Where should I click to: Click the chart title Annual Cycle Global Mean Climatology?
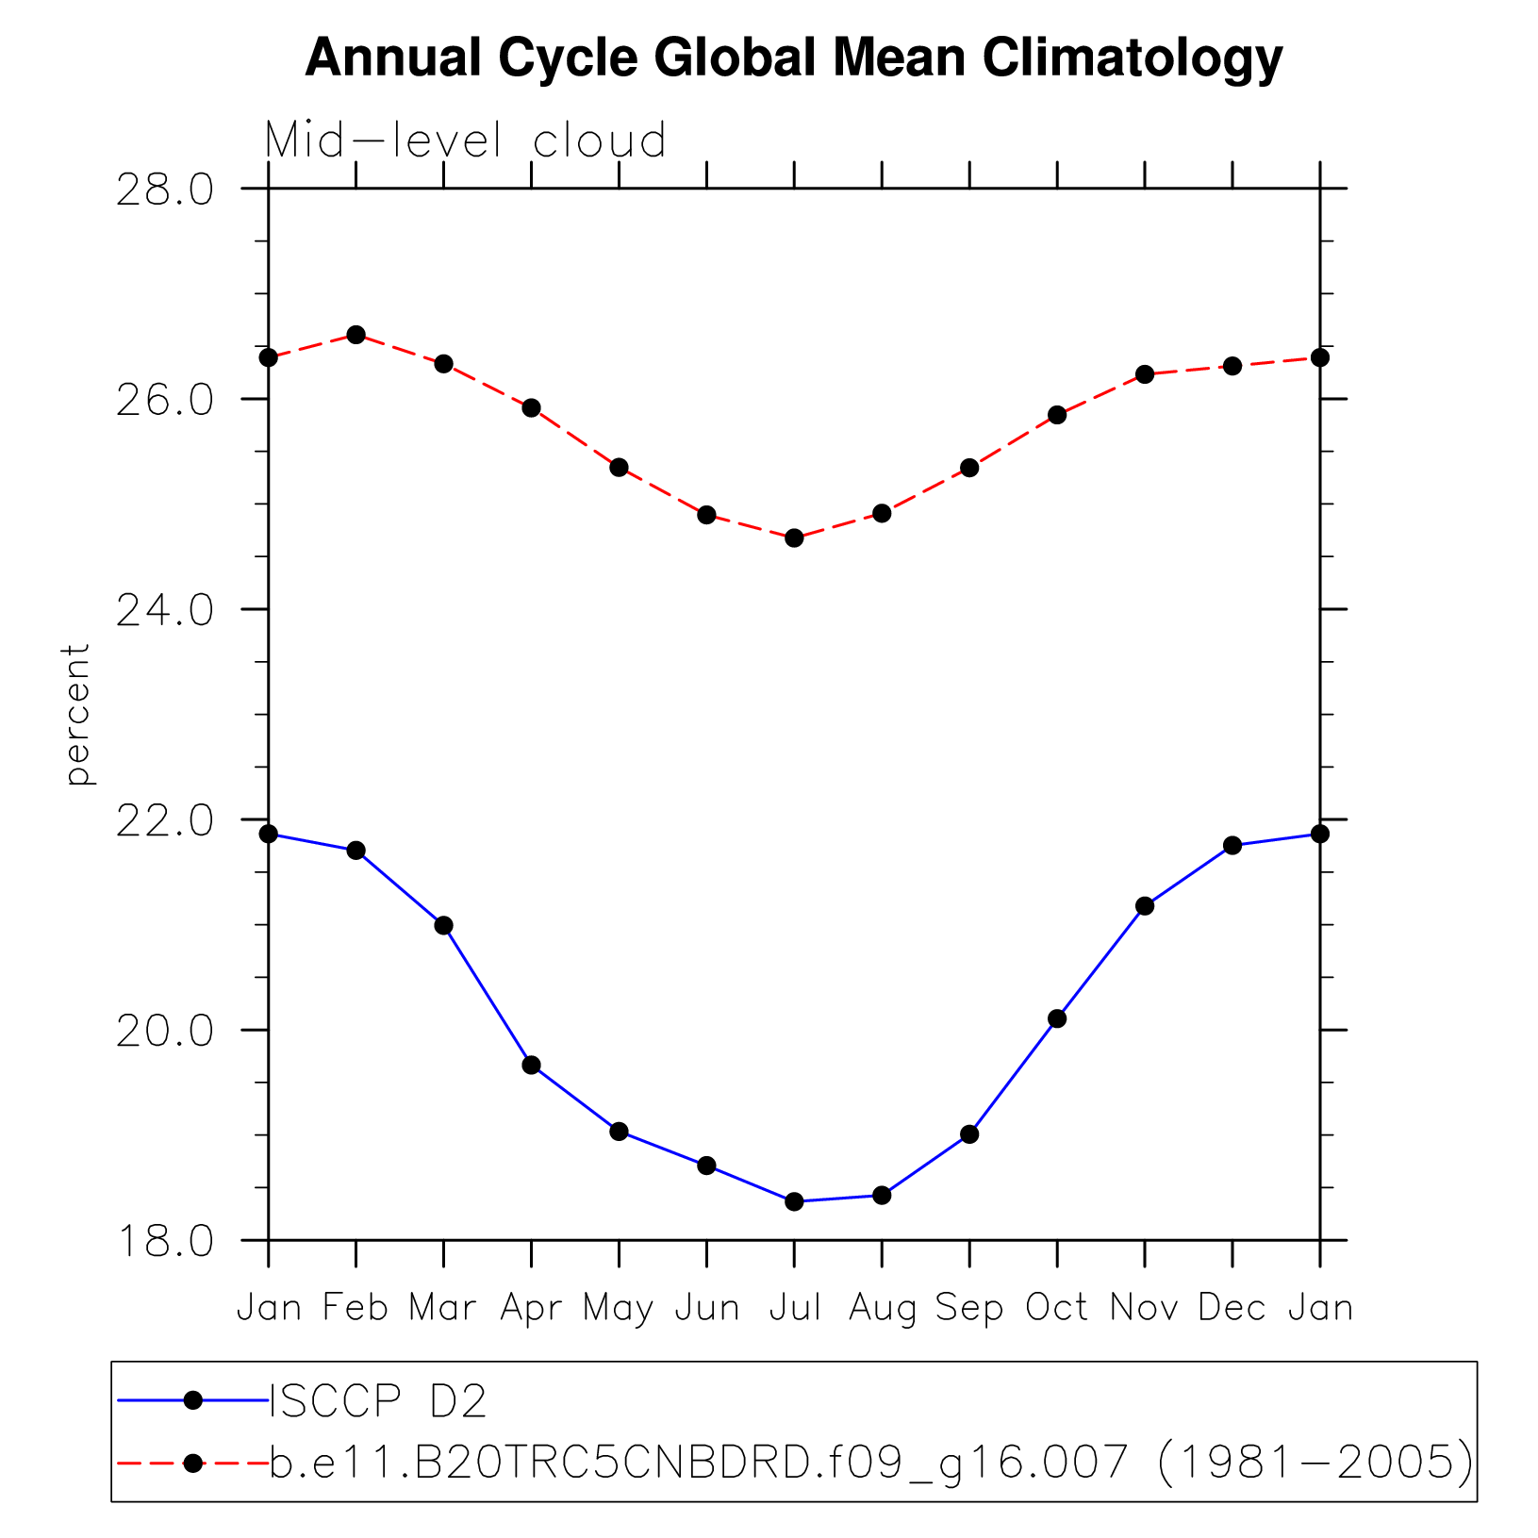tap(793, 58)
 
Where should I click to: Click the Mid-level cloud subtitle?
tap(465, 141)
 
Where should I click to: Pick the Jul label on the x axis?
tap(795, 1308)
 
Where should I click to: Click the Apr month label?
tap(531, 1309)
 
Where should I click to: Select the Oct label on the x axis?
tap(1056, 1308)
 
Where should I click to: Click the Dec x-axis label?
tap(1232, 1308)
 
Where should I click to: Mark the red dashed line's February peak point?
tap(356, 335)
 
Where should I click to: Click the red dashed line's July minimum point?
tap(794, 537)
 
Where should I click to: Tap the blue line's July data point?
tap(794, 1201)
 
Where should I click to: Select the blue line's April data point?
tap(531, 1065)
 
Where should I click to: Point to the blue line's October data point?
tap(1057, 1018)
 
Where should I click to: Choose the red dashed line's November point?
tap(1145, 374)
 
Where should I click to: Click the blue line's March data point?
tap(444, 925)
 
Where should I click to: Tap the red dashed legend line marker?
tap(193, 1463)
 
